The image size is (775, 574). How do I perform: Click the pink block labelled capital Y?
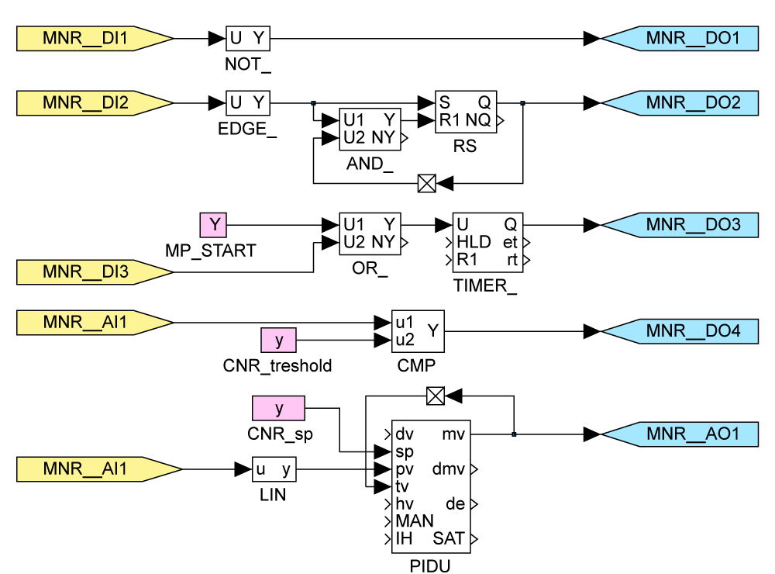pos(213,225)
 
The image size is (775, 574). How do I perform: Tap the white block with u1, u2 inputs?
pos(418,331)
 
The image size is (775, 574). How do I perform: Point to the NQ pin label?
pos(478,121)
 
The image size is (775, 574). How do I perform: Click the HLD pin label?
pos(473,242)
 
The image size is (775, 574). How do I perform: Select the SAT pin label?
pos(449,539)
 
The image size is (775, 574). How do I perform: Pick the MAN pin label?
pos(414,521)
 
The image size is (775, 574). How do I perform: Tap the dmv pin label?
pos(449,469)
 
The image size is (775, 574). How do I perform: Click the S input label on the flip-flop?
pos(445,102)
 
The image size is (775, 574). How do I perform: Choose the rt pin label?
pos(512,260)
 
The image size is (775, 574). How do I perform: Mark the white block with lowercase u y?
pos(274,469)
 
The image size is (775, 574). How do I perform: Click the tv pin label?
pos(402,486)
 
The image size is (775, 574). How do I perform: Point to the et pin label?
pos(510,242)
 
